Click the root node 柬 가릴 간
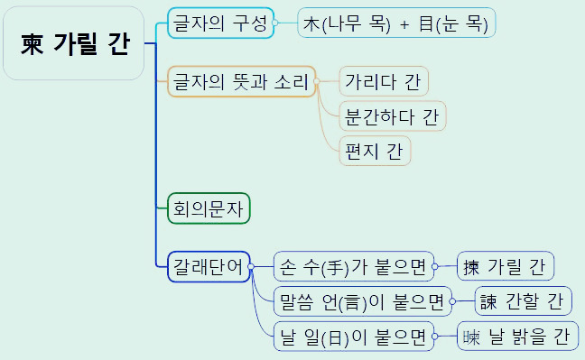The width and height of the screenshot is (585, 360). click(73, 43)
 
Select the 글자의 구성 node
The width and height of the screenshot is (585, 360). click(219, 23)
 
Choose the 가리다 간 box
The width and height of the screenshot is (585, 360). click(383, 82)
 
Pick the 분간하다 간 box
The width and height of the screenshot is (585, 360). click(392, 116)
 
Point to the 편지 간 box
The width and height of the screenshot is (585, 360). click(375, 151)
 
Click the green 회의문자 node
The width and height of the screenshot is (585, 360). click(209, 208)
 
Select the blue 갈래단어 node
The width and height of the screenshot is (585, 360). click(209, 266)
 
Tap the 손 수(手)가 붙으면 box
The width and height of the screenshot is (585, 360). click(354, 266)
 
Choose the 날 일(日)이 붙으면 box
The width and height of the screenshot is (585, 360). click(354, 336)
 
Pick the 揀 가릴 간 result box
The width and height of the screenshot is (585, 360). click(505, 266)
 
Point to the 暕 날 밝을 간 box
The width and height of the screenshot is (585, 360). click(516, 336)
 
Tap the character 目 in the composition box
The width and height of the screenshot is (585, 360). click(427, 24)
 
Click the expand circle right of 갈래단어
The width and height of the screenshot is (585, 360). click(253, 266)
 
